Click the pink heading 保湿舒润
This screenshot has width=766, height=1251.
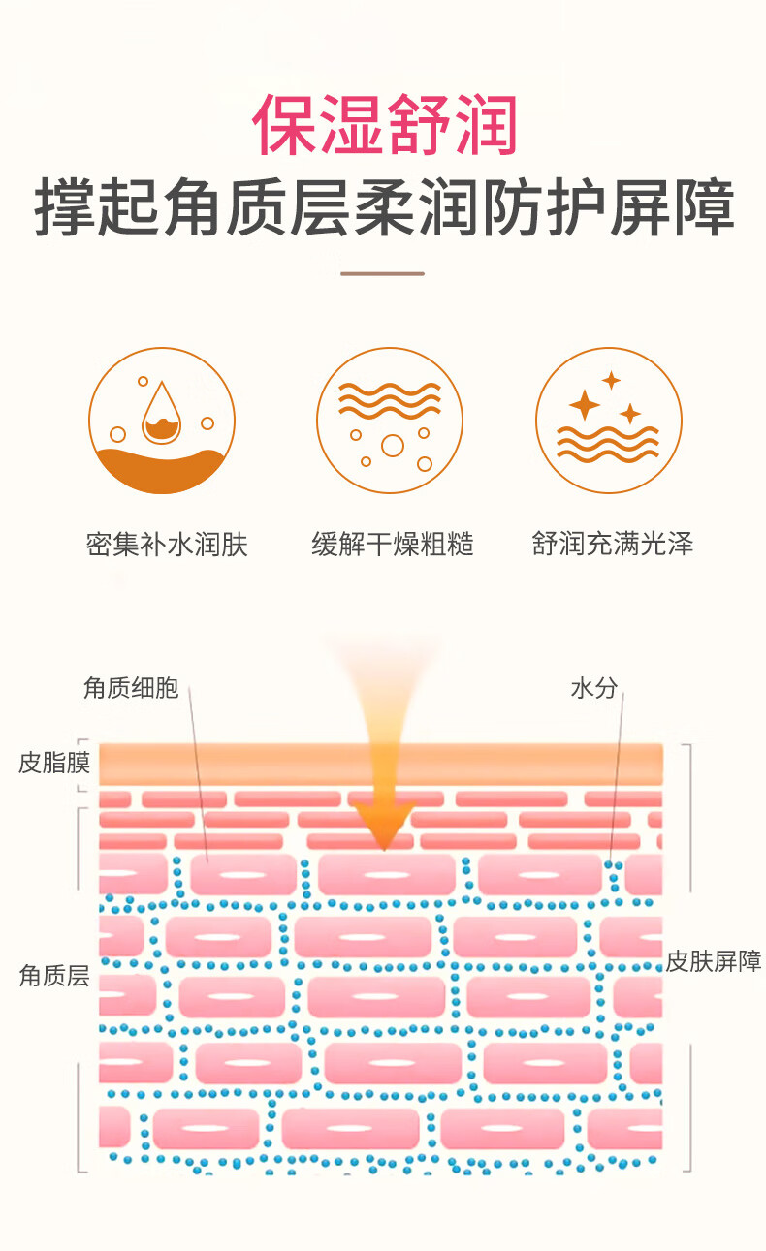(x=384, y=124)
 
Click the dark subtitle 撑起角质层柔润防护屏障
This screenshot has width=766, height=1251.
(x=384, y=207)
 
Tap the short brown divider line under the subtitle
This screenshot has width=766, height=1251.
(x=383, y=273)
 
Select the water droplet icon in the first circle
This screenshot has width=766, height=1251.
(x=162, y=413)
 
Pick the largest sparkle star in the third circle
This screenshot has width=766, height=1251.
(x=585, y=404)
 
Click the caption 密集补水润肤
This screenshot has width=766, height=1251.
(x=167, y=544)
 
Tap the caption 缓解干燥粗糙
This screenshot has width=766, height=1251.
(x=393, y=544)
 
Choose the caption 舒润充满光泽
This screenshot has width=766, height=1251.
(x=613, y=544)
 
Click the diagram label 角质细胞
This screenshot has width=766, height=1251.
(x=131, y=687)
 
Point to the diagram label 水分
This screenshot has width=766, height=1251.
(x=594, y=688)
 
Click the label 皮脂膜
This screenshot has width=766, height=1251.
(x=54, y=763)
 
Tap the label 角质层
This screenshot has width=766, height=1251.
(x=54, y=976)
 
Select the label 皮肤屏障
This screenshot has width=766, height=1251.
(x=714, y=961)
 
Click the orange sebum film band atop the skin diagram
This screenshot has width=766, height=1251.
(x=380, y=764)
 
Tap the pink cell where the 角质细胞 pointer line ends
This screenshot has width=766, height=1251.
(x=243, y=874)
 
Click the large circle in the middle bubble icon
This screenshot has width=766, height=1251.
(x=393, y=446)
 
